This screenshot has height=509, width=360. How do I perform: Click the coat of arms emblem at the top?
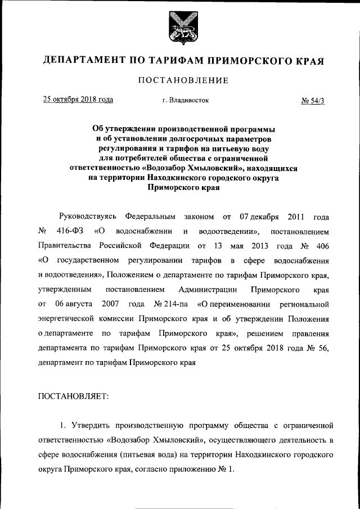180,28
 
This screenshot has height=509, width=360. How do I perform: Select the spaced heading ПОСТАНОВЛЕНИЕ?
180,80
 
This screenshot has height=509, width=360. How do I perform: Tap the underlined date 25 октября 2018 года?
78,100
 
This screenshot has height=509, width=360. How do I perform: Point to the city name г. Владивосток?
185,101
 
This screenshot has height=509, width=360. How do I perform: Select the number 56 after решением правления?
313,348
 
